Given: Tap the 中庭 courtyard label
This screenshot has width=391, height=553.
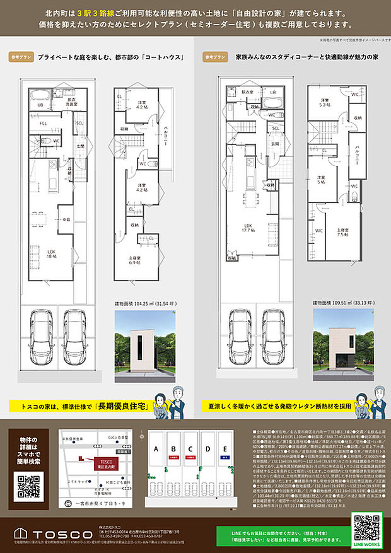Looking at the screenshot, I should pyautogui.click(x=66, y=219).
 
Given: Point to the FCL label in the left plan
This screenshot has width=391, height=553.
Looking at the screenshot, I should pyautogui.click(x=43, y=124).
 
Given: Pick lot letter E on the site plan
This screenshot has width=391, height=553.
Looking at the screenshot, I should pyautogui.click(x=225, y=450).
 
